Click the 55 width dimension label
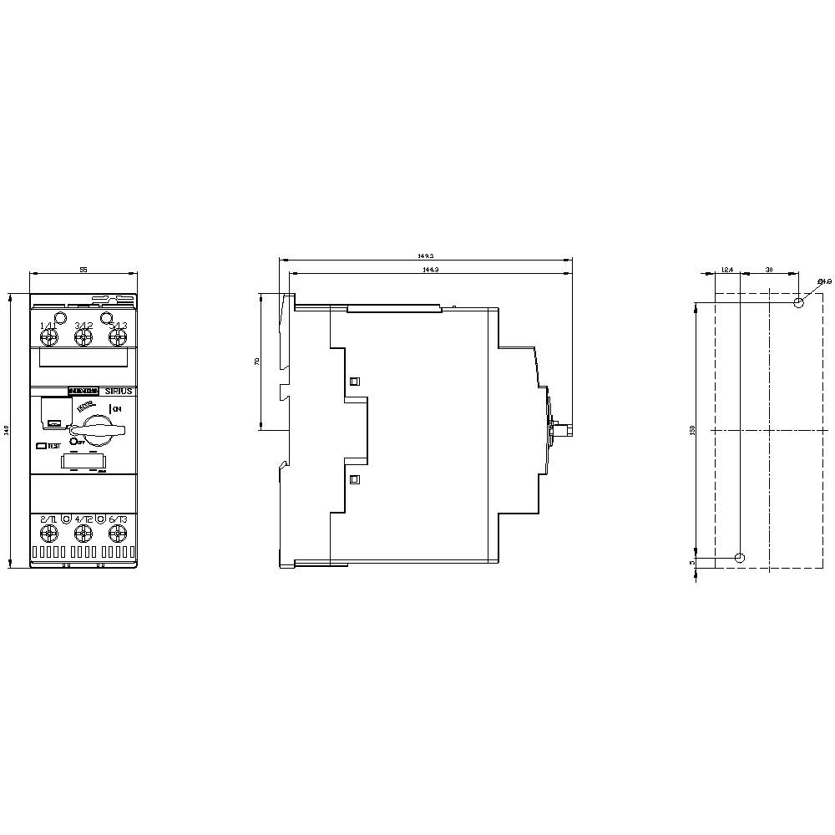(x=83, y=271)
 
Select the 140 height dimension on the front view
(x=6, y=430)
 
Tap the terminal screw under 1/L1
(x=48, y=337)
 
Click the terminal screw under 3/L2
(x=83, y=337)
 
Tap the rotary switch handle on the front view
(x=104, y=428)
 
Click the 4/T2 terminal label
(x=83, y=519)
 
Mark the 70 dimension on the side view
(x=257, y=362)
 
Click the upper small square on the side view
(x=354, y=382)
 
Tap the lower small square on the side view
(x=354, y=479)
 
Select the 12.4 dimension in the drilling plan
(x=726, y=270)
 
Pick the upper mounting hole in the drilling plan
(x=799, y=302)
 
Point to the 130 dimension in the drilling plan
(x=692, y=430)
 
